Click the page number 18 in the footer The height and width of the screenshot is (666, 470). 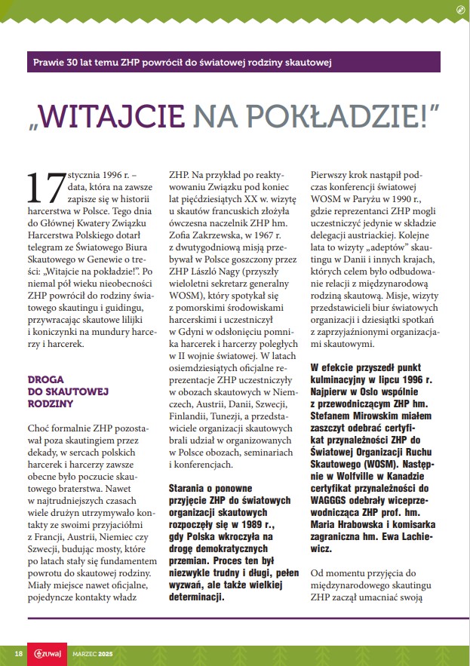coord(18,652)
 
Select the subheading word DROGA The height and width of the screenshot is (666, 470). coord(46,379)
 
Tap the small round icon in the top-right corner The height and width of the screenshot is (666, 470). coord(460,9)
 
